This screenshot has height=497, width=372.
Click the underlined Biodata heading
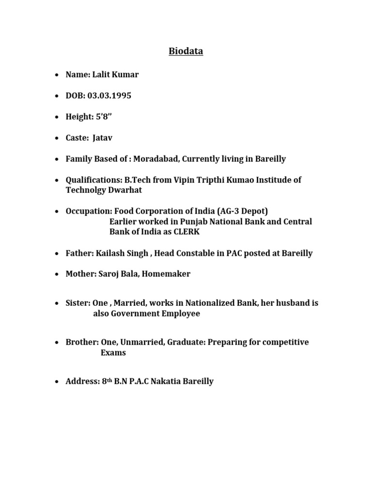point(186,51)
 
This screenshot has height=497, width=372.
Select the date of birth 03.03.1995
point(109,96)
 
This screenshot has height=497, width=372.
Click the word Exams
point(113,352)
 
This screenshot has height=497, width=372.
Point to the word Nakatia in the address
point(167,381)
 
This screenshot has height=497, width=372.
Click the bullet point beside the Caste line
point(57,138)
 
